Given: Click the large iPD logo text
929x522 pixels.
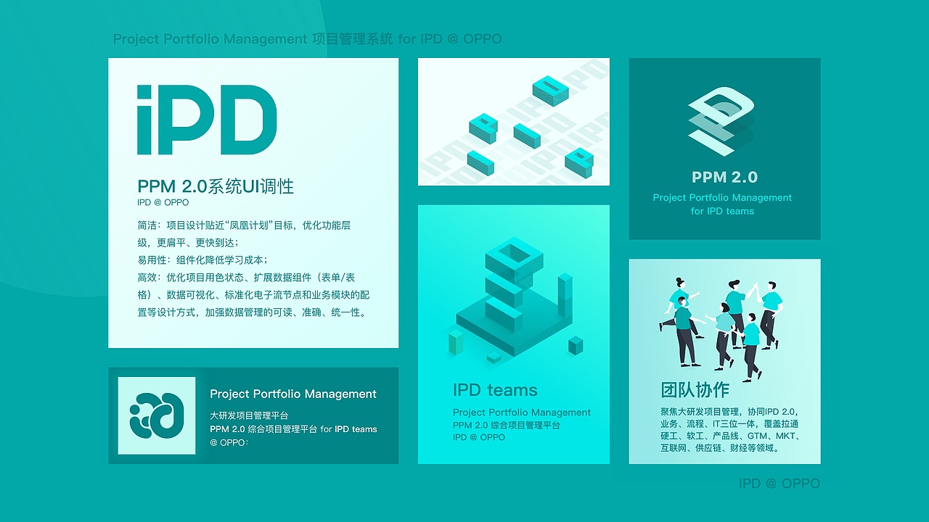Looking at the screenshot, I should point(207,120).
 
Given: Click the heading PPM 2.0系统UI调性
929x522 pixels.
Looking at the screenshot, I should point(216,186).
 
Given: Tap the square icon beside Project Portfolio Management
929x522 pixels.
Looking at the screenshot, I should point(157,415).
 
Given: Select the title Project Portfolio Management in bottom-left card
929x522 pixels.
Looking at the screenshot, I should point(293,394).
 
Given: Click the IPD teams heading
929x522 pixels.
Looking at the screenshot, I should point(495,390).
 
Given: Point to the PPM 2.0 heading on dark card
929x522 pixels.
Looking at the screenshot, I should point(724,177).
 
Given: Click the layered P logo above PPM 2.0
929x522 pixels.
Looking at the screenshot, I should point(721,121).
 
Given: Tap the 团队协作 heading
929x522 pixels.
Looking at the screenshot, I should point(695,389).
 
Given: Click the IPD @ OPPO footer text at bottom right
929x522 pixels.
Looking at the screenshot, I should point(779,483).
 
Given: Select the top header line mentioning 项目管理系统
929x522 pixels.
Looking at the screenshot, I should point(307,38).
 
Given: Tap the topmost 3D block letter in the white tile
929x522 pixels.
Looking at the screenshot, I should point(550,89).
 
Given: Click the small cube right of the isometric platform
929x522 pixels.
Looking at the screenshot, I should point(576,345).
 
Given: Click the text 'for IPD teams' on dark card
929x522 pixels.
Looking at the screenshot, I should point(722,211).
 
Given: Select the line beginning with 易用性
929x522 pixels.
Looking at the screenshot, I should point(202,260).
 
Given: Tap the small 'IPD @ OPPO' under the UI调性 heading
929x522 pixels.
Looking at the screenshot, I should point(163,202).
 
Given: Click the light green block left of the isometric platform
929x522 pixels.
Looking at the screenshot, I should point(456,341).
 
